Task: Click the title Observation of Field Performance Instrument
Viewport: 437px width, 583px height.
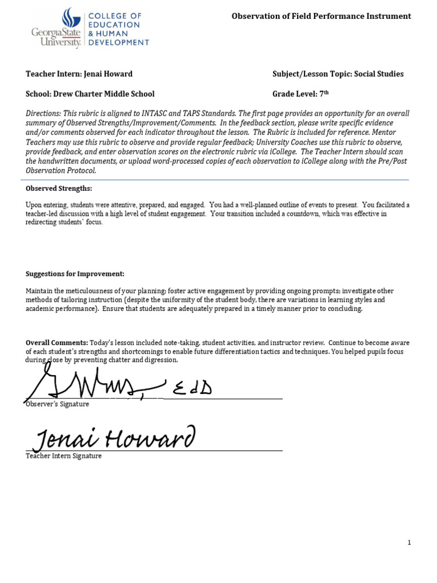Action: coord(321,16)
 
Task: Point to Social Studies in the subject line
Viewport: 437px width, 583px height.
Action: coord(379,74)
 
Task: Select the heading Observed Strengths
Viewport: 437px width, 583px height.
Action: coord(59,188)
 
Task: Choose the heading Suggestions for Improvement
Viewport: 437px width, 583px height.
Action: coord(75,274)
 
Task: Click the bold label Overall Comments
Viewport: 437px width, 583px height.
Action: coord(57,342)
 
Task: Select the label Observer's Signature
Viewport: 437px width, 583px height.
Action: coord(57,404)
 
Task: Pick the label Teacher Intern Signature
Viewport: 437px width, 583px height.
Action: coord(64,456)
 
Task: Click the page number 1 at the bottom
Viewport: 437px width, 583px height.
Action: coord(409,543)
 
